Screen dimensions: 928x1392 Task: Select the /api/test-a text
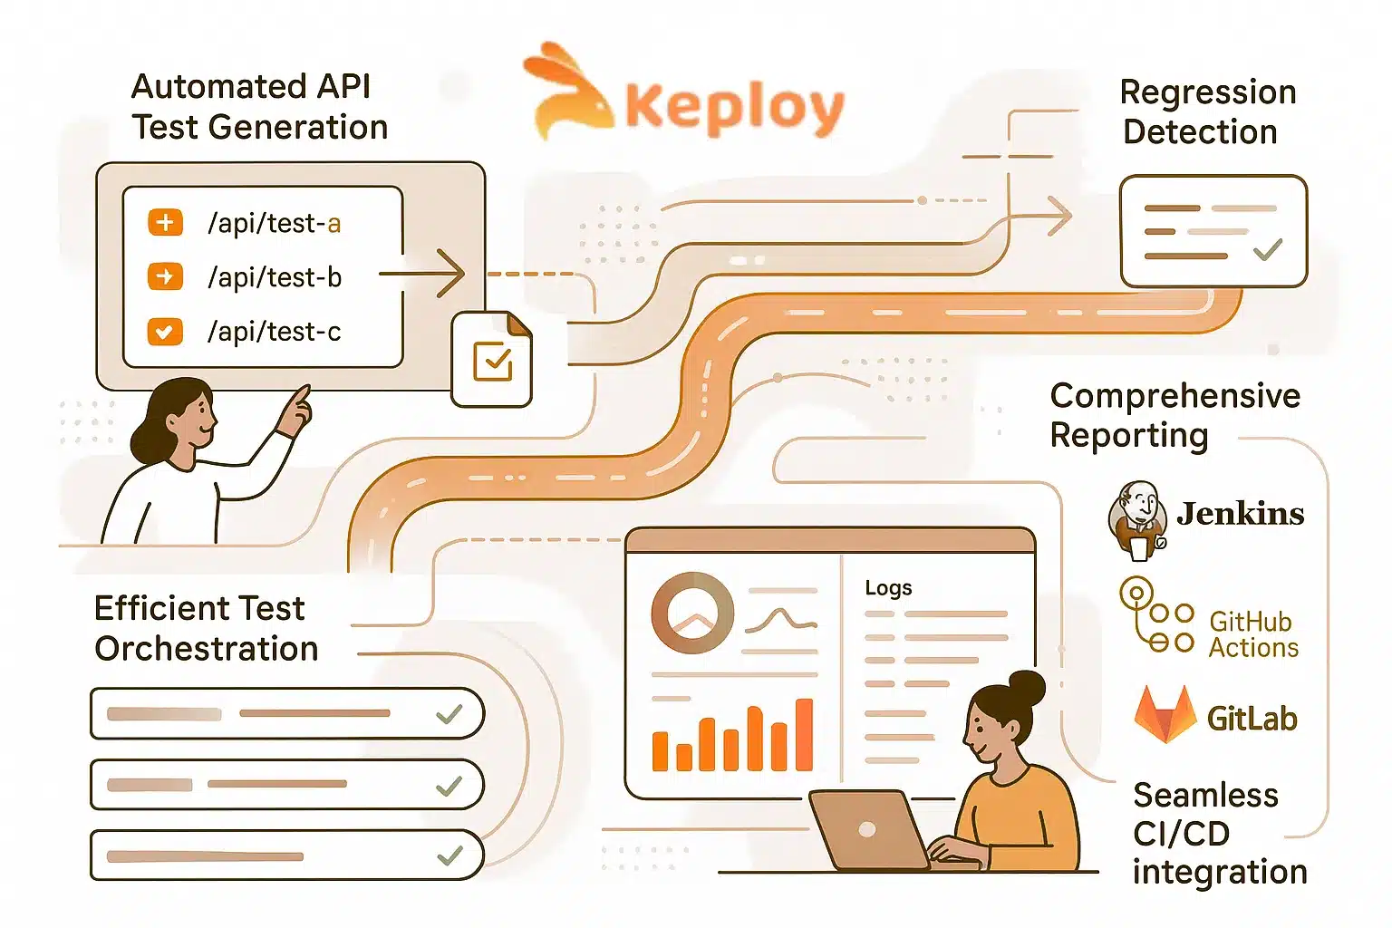[x=274, y=223]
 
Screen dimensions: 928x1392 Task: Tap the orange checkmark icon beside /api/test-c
[x=165, y=332]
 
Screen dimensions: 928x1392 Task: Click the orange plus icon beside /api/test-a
[x=165, y=222]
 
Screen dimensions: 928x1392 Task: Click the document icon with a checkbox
[x=492, y=360]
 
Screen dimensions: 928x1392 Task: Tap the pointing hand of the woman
[x=295, y=411]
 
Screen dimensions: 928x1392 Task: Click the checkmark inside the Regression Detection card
[x=1267, y=248]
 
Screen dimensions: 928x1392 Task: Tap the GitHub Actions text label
[x=1253, y=634]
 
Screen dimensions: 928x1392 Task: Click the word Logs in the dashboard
[x=887, y=588]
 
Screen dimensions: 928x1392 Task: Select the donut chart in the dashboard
[x=692, y=613]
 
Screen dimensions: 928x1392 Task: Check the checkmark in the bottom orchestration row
[x=449, y=855]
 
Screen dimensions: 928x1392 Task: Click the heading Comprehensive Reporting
[x=1174, y=415]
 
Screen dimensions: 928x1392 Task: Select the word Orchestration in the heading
[x=207, y=649]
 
